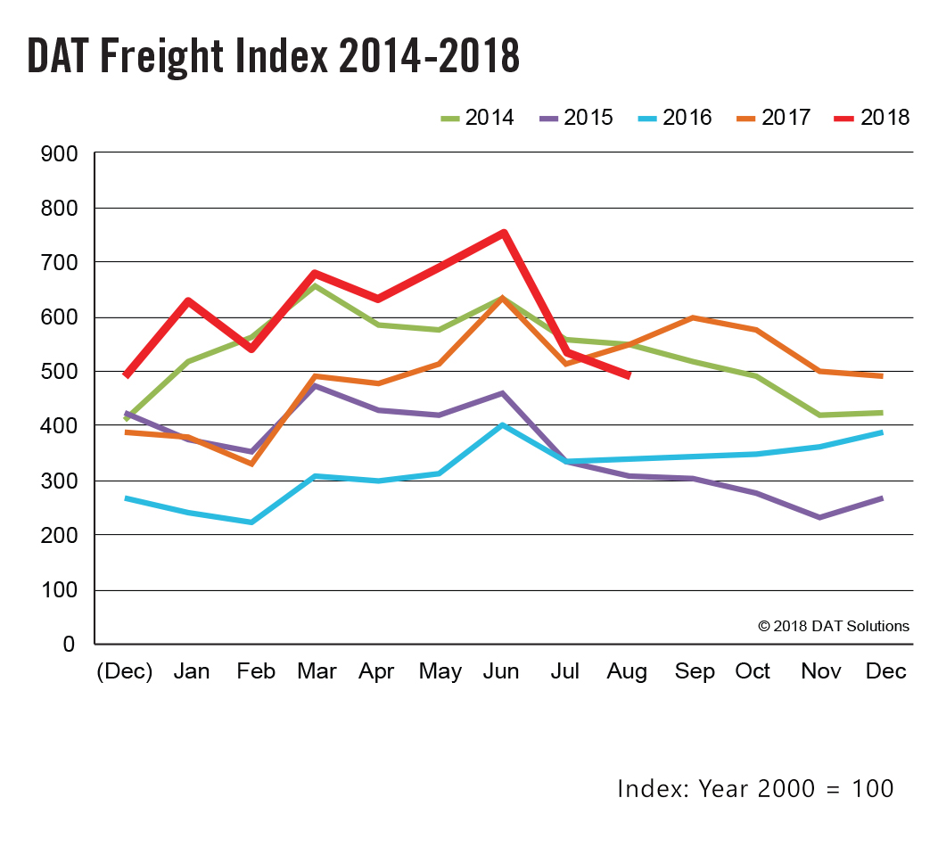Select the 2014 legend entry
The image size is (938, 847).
[477, 118]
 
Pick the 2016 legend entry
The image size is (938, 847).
[676, 118]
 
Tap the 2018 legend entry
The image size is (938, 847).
[873, 118]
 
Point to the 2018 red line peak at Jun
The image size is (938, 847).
[505, 233]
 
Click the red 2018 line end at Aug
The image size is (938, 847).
[629, 375]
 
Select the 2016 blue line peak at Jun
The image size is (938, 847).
[504, 425]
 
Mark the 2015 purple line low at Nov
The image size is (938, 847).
[819, 517]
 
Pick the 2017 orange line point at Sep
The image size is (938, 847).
[693, 317]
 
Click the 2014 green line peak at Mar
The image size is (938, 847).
[316, 286]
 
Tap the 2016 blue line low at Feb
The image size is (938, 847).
[252, 522]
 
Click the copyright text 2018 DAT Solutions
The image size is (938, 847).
[834, 626]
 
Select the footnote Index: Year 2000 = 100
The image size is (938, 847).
[755, 788]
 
